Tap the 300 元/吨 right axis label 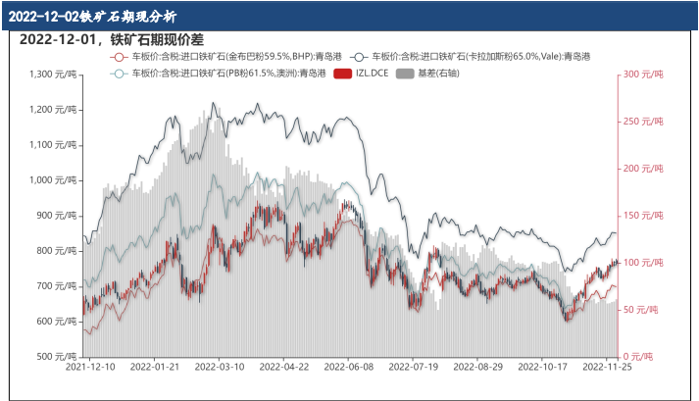click(x=643, y=75)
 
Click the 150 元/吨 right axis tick click(x=643, y=216)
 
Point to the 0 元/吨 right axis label click(x=638, y=356)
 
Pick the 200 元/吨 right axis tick click(x=643, y=169)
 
